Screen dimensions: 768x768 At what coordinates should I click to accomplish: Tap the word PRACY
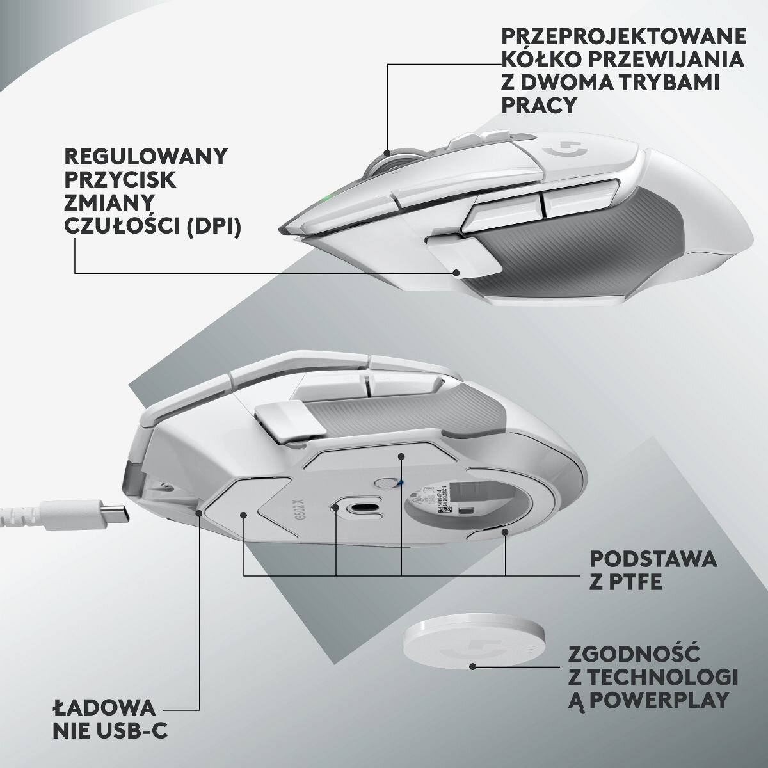[540, 105]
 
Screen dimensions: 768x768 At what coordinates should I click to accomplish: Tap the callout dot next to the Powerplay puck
[472, 666]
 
